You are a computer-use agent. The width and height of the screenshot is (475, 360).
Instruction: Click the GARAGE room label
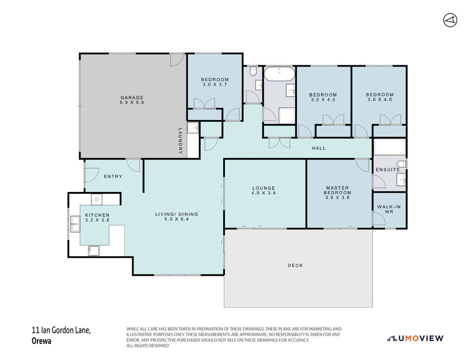pyautogui.click(x=132, y=98)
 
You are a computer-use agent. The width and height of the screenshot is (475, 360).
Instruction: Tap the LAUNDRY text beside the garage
pyautogui.click(x=180, y=141)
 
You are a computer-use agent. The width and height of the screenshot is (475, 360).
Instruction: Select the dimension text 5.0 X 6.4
pyautogui.click(x=176, y=219)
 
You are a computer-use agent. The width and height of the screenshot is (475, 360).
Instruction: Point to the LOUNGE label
pyautogui.click(x=263, y=188)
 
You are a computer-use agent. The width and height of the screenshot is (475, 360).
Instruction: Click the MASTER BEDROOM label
pyautogui.click(x=338, y=190)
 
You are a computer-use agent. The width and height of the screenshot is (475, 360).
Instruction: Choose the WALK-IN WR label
pyautogui.click(x=389, y=209)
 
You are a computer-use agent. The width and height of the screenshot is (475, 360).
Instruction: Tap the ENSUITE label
pyautogui.click(x=388, y=170)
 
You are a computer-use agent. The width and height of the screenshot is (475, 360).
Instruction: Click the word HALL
pyautogui.click(x=319, y=148)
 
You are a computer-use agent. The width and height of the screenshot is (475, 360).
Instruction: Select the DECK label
pyautogui.click(x=295, y=266)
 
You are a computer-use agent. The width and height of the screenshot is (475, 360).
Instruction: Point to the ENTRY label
pyautogui.click(x=113, y=176)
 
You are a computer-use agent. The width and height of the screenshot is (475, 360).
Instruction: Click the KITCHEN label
pyautogui.click(x=97, y=215)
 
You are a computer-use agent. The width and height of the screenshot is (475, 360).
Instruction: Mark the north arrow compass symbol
pyautogui.click(x=450, y=20)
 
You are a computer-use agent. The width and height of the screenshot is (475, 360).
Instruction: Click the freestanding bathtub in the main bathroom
pyautogui.click(x=279, y=74)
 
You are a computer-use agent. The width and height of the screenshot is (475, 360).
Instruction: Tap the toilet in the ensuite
pyautogui.click(x=401, y=164)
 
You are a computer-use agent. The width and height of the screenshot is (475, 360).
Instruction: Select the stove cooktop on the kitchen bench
pyautogui.click(x=97, y=199)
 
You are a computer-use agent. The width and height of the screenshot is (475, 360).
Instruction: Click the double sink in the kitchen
pyautogui.click(x=75, y=224)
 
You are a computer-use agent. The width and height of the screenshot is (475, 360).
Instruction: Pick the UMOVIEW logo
pyautogui.click(x=415, y=338)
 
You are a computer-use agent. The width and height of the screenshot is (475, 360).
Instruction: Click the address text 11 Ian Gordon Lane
pyautogui.click(x=61, y=330)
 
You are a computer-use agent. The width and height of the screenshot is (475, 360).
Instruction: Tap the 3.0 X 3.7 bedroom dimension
pyautogui.click(x=215, y=84)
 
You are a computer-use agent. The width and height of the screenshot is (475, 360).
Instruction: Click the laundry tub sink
pyautogui.click(x=193, y=128)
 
